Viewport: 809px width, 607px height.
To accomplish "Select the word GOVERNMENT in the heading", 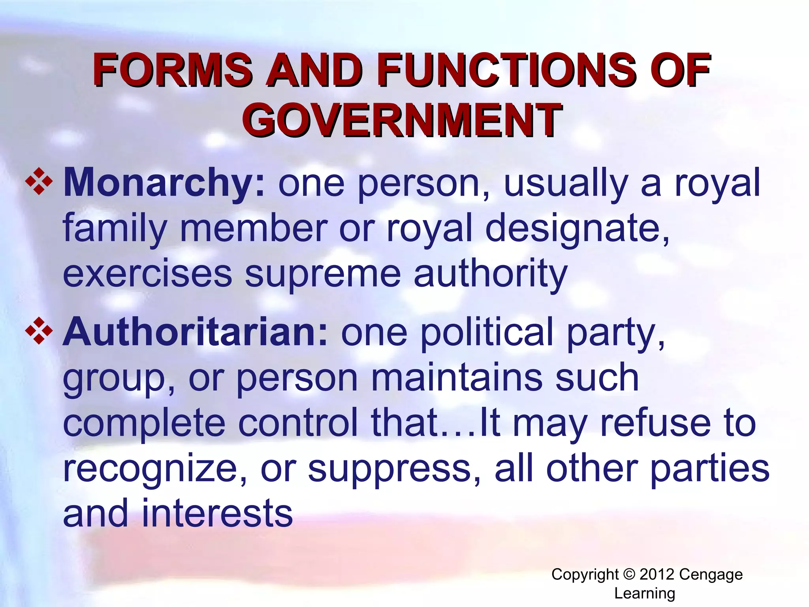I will coord(402,120).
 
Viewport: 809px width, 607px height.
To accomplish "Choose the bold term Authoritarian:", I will coord(196,332).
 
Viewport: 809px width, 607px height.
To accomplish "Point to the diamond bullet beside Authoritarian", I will coord(39,330).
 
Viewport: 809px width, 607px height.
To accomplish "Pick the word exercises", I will coord(147,274).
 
